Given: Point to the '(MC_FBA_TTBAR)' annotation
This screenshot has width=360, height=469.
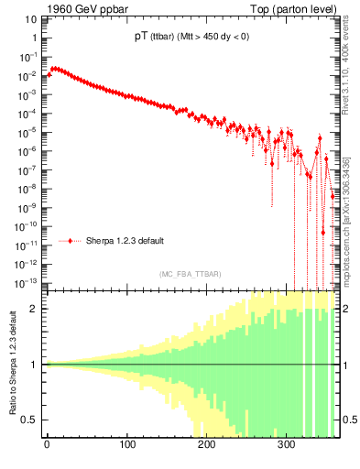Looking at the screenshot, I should [189, 274].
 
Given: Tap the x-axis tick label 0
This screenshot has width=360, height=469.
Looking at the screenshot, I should [47, 444].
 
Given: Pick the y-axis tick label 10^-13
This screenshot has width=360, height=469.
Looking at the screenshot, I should [27, 281].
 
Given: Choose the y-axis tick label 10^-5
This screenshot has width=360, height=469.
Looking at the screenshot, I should [28, 132].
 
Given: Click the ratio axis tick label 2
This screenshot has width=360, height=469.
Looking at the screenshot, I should [35, 309].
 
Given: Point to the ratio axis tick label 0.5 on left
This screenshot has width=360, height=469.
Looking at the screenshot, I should [31, 420].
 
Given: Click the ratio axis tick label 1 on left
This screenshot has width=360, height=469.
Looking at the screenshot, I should [35, 365].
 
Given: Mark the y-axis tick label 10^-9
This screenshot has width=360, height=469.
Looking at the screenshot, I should [28, 207].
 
